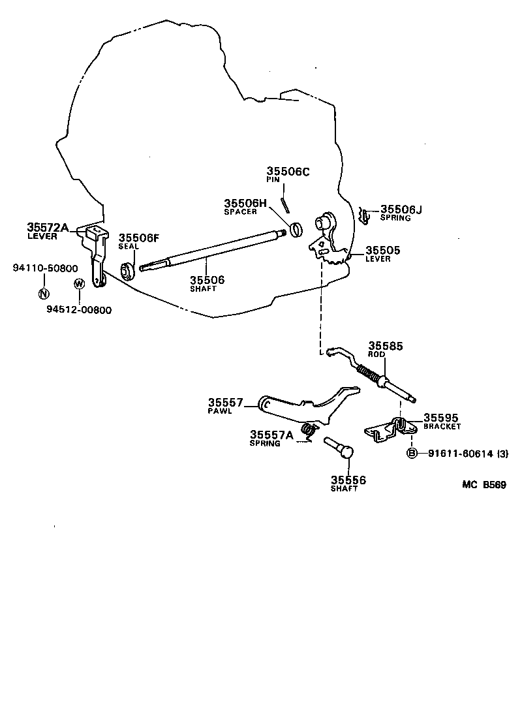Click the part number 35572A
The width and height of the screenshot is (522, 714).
pyautogui.click(x=48, y=226)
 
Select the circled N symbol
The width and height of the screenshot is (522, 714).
pyautogui.click(x=43, y=293)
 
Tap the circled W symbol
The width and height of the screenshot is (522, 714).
pyautogui.click(x=79, y=284)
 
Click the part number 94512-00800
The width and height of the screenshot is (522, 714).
pyautogui.click(x=78, y=310)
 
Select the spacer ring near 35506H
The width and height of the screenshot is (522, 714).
pyautogui.click(x=297, y=230)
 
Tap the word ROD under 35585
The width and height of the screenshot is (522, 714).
pyautogui.click(x=376, y=355)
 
